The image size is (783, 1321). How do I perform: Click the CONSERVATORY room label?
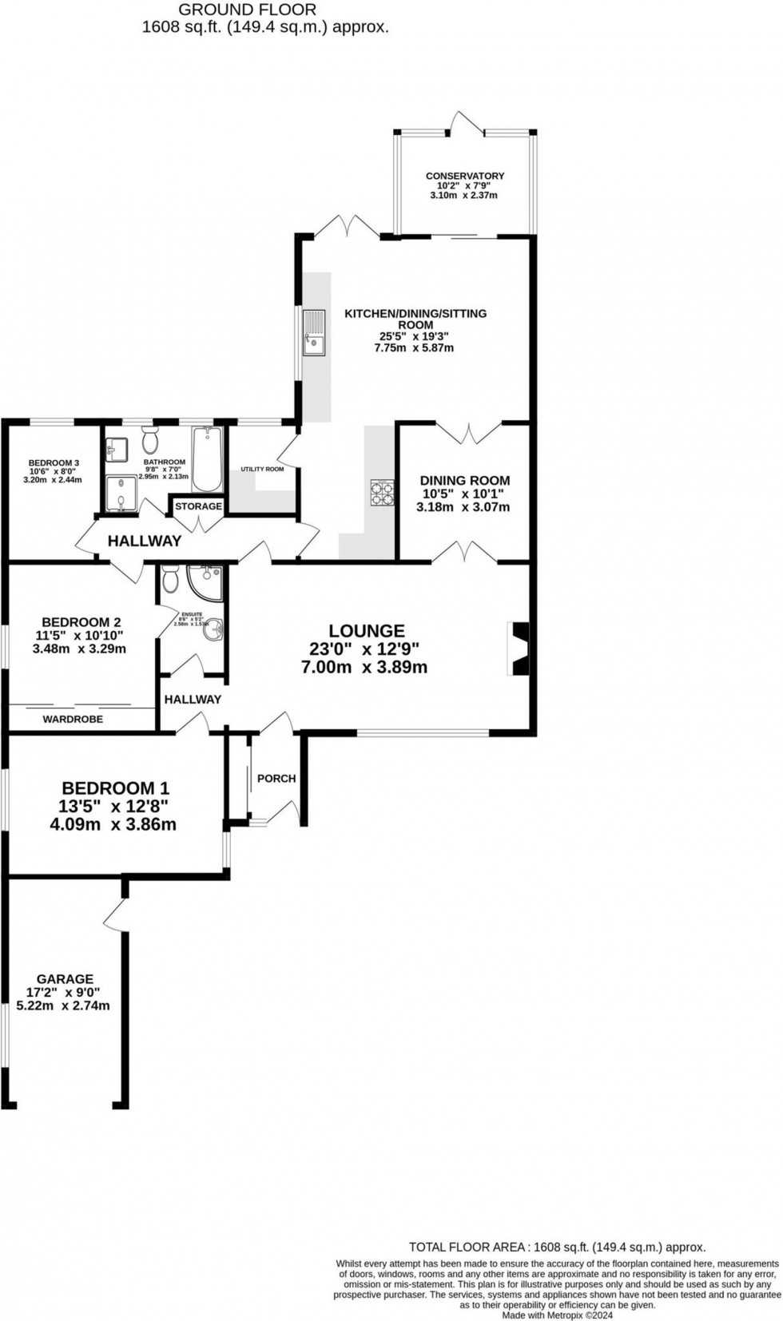[464, 176]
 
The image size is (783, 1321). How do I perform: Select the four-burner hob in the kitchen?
[381, 492]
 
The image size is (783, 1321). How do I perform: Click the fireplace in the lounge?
[519, 649]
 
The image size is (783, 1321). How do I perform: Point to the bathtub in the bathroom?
[207, 460]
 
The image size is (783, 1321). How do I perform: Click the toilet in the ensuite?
[169, 577]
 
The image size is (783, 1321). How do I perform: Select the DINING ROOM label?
[465, 481]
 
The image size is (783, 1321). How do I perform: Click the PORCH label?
[276, 778]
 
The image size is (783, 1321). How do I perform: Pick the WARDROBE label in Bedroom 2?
[73, 719]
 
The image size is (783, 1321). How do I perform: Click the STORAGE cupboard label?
[198, 506]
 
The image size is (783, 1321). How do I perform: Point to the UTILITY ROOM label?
[262, 469]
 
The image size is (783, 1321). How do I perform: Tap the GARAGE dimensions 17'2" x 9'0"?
[63, 992]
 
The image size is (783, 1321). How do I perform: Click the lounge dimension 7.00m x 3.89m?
[364, 667]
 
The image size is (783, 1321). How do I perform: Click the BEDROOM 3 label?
[54, 462]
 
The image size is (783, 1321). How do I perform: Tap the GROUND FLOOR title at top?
[247, 10]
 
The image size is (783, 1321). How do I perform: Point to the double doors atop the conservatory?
[467, 122]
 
